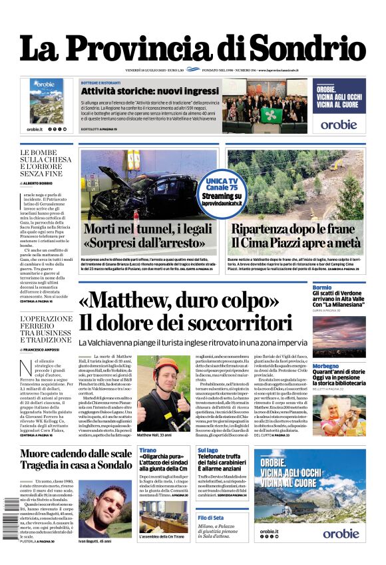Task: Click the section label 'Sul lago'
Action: pyautogui.click(x=207, y=451)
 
